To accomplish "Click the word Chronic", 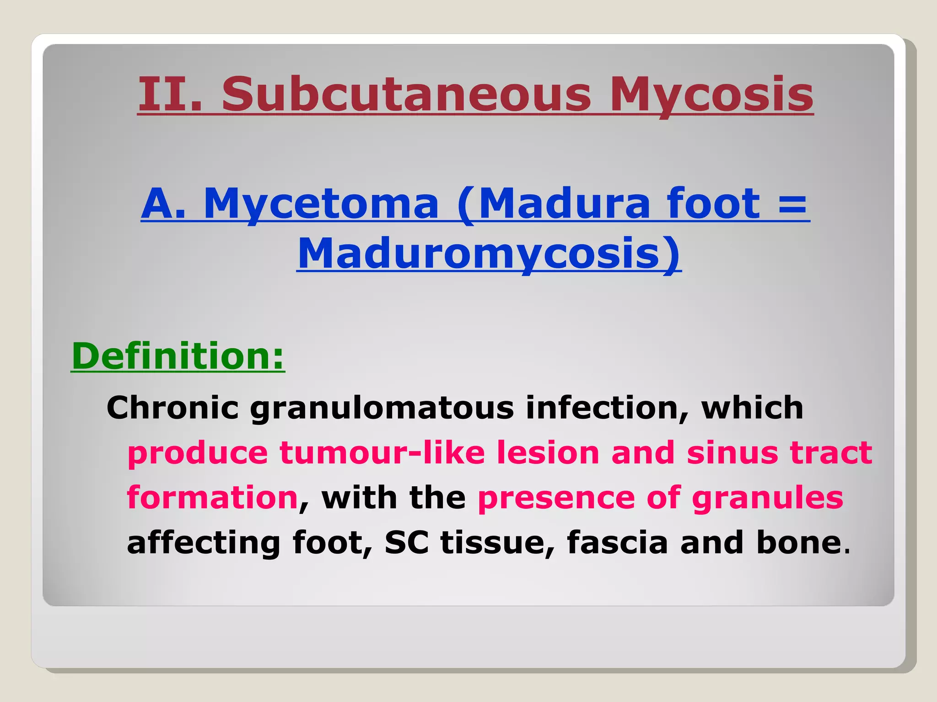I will pyautogui.click(x=172, y=407).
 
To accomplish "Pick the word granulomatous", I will pyautogui.click(x=382, y=408).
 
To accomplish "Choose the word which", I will pyautogui.click(x=752, y=407).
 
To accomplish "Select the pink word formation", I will pyautogui.click(x=212, y=497).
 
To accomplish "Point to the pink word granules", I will pyautogui.click(x=767, y=498).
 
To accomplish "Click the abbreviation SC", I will pyautogui.click(x=407, y=542).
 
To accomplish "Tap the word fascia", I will pyautogui.click(x=618, y=542).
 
